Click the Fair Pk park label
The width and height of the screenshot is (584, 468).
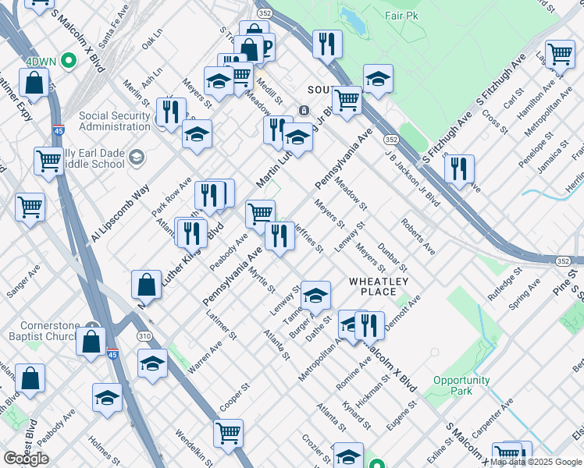pos(403,15)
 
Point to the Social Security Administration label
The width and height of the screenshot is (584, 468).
pos(115,121)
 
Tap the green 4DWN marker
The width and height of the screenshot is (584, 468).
pos(69,59)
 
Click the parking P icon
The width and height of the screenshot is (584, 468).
pos(267,48)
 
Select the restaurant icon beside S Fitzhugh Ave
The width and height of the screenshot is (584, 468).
pos(459,168)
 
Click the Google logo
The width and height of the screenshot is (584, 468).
pos(26,459)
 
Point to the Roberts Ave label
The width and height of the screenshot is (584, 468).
pos(418,237)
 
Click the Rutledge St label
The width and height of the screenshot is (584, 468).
pos(504,286)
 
